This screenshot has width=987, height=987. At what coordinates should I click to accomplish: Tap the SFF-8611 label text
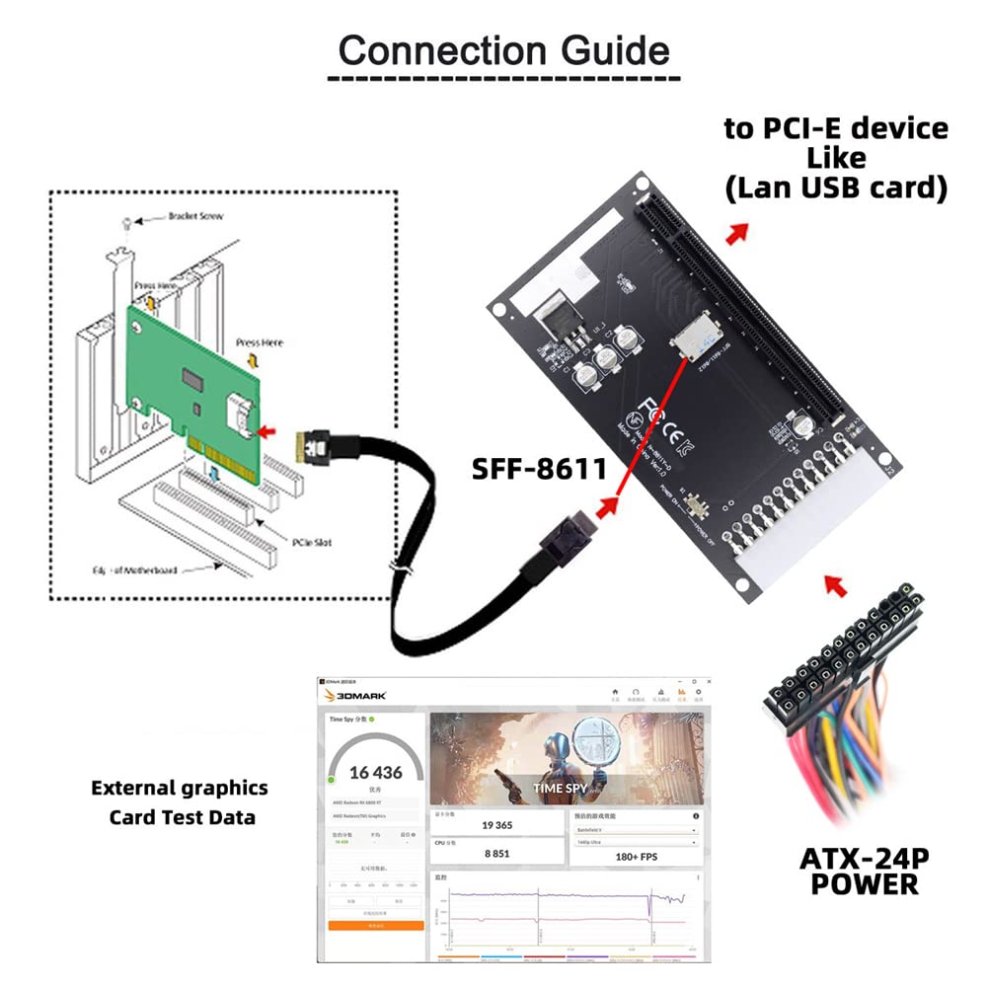click(x=540, y=469)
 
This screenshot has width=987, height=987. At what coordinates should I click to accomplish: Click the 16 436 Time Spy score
click(x=375, y=773)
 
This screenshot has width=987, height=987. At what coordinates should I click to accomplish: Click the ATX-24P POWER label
click(x=865, y=870)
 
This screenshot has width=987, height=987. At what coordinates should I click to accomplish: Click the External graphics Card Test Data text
click(x=181, y=802)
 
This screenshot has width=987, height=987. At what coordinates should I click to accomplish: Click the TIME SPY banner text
click(x=562, y=788)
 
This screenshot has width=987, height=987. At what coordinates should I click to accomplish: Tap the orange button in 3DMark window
click(x=375, y=926)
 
